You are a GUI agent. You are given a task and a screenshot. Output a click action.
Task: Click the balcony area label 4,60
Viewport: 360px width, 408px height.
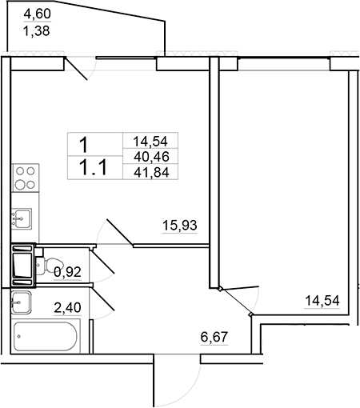click(x=38, y=14)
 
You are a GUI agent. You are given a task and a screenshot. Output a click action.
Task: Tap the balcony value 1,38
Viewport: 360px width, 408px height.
click(x=37, y=31)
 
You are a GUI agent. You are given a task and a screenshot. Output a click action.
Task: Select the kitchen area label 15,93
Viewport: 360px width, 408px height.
click(x=180, y=225)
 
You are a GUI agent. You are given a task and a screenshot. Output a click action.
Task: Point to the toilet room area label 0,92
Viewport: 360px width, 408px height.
click(x=67, y=272)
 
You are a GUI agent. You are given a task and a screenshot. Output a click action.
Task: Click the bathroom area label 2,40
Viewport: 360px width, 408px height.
click(x=67, y=308)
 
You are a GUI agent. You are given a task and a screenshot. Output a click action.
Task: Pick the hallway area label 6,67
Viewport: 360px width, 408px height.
click(x=214, y=337)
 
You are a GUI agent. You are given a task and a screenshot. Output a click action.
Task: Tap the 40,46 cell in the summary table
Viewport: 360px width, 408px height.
click(x=151, y=157)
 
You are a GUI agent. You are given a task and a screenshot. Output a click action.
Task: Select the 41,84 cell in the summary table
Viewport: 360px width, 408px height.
click(x=151, y=172)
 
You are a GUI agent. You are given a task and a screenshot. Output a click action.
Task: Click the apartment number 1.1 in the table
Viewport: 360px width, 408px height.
click(x=94, y=168)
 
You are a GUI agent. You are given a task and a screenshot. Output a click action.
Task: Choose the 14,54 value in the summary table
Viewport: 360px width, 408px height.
click(x=150, y=142)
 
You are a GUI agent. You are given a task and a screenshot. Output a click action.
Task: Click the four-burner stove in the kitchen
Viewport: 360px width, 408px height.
click(x=26, y=178)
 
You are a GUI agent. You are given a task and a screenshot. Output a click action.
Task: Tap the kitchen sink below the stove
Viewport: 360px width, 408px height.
click(x=22, y=218)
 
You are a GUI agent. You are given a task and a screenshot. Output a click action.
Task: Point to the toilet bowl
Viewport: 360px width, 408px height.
click(x=50, y=266)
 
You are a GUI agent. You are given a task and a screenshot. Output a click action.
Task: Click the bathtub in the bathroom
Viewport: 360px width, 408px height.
click(x=46, y=336)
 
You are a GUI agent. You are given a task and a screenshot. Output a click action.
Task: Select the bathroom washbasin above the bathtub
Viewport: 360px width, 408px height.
click(x=21, y=302)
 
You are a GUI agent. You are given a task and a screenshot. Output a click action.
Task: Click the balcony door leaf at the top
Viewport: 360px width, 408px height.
click(x=76, y=68)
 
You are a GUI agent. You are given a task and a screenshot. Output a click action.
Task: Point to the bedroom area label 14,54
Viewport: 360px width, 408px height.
click(x=322, y=301)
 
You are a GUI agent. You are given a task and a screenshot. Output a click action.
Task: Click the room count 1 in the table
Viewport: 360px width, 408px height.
click(x=84, y=145)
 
